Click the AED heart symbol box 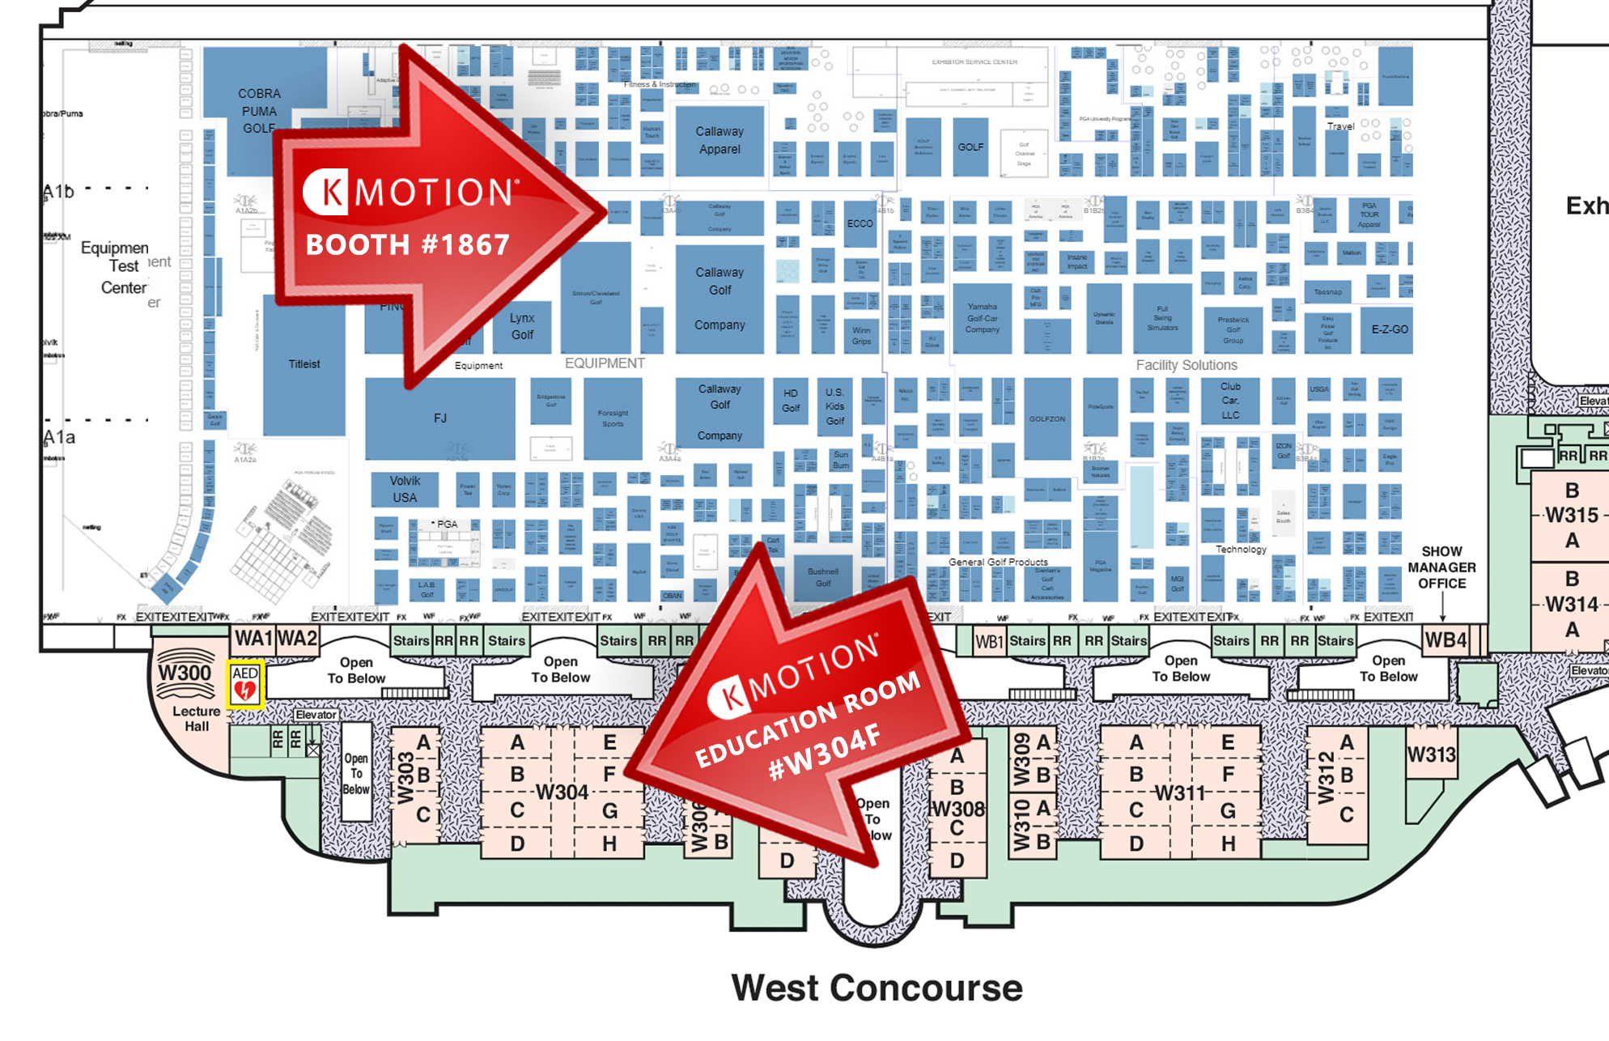point(244,685)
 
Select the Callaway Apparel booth point(719,141)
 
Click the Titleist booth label point(304,364)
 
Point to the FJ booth point(440,419)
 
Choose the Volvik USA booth point(405,489)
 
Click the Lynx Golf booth point(522,326)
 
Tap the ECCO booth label point(860,223)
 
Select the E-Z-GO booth point(1390,329)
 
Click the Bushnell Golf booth point(823,577)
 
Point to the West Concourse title point(877,988)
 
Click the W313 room point(1431,755)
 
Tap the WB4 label point(1446,640)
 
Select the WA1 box point(253,639)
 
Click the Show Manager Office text point(1441,567)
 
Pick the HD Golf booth point(791,402)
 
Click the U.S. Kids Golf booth point(834,406)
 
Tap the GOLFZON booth point(1047,419)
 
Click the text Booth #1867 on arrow point(407,244)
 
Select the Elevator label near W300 point(316,715)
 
